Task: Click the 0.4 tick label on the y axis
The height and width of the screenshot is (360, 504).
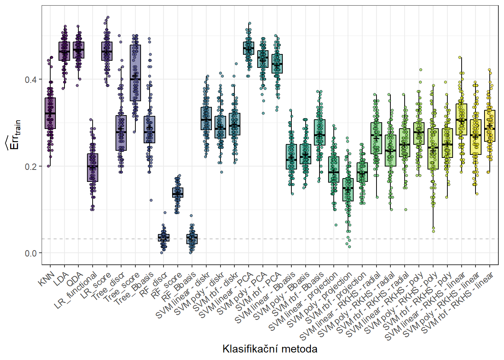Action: [31, 80]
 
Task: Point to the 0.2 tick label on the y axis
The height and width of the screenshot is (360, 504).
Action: [31, 166]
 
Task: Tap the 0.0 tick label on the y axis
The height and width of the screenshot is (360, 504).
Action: [31, 253]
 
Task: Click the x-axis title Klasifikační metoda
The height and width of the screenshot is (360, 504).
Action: [270, 349]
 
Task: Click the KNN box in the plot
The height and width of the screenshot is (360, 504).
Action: [50, 113]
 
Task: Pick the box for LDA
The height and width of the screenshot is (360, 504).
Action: [64, 51]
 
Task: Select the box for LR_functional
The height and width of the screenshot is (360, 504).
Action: [93, 168]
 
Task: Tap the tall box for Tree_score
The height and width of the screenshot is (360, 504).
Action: [135, 73]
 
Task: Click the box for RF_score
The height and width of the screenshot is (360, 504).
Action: [178, 193]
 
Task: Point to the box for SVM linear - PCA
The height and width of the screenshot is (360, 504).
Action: [249, 48]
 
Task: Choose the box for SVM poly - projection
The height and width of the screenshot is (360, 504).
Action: [348, 190]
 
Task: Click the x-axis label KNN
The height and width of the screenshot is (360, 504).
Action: [46, 280]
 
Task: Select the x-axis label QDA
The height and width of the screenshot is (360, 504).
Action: [75, 280]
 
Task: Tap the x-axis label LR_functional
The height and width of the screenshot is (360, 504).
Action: [76, 291]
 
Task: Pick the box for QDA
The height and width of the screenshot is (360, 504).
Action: [79, 50]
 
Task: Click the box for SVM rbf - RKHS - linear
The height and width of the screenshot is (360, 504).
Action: [490, 126]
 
